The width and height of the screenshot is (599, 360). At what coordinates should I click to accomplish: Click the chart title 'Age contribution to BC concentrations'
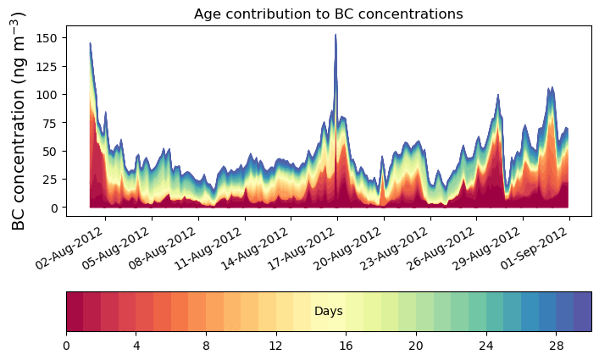328,14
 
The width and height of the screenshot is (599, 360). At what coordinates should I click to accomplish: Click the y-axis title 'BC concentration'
18,120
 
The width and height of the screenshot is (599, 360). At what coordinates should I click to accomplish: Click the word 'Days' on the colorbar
328,312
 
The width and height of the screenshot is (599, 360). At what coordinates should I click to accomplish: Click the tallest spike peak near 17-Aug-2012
336,36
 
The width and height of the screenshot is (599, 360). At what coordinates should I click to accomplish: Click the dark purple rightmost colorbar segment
582,312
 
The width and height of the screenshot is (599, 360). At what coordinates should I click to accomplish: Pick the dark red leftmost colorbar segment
75,312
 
